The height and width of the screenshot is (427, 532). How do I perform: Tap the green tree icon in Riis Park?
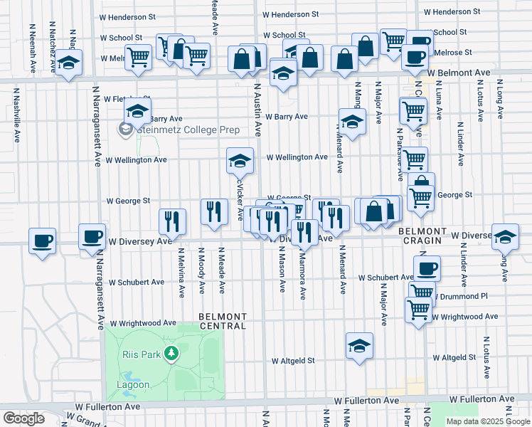click(x=171, y=352)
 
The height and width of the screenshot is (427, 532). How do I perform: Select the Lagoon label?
click(x=133, y=384)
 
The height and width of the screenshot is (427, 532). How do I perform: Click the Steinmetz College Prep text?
click(x=188, y=130)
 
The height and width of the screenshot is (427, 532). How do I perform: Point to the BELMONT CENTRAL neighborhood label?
click(x=223, y=321)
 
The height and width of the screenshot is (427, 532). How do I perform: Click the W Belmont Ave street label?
click(x=459, y=73)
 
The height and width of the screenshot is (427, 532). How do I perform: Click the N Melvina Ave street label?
click(x=181, y=271)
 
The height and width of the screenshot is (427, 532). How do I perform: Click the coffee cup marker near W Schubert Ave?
click(x=427, y=268)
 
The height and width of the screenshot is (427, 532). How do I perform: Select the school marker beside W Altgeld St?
click(x=360, y=346)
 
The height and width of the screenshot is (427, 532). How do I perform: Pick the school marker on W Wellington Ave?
click(x=240, y=161)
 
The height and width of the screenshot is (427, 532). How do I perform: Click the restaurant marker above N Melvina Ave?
click(x=172, y=221)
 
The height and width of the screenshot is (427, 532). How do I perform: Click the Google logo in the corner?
click(x=23, y=418)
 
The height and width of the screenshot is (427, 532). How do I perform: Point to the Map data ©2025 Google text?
click(x=488, y=421)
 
